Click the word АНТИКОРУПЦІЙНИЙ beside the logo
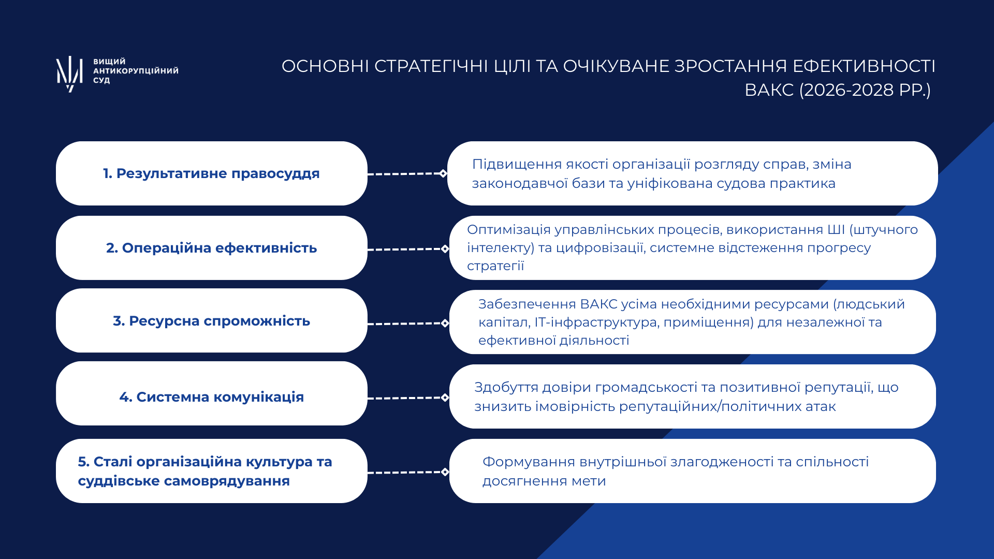[x=136, y=71]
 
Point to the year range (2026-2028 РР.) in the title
[x=865, y=90]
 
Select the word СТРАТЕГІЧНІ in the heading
[x=431, y=66]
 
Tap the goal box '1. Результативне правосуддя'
[x=212, y=173]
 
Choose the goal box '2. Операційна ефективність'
[x=212, y=248]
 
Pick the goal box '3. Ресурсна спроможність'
[x=212, y=321]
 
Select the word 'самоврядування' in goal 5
[x=227, y=481]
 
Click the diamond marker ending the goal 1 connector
[x=443, y=173]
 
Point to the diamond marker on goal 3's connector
[x=445, y=323]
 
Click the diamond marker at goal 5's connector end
[x=445, y=472]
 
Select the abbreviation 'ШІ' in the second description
[x=837, y=229]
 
